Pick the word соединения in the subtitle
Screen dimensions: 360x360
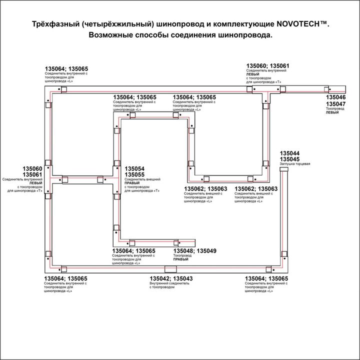(189, 35)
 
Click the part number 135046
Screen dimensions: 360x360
(335, 97)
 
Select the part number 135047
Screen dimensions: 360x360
(335, 103)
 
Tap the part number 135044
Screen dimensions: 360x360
(289, 153)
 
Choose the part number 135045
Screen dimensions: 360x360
(289, 159)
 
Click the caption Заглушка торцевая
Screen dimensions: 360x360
(295, 164)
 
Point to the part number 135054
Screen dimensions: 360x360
(134, 169)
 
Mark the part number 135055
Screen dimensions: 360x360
(134, 174)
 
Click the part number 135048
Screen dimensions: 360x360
(183, 250)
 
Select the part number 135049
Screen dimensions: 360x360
(206, 250)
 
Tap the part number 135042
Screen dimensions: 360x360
(160, 278)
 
